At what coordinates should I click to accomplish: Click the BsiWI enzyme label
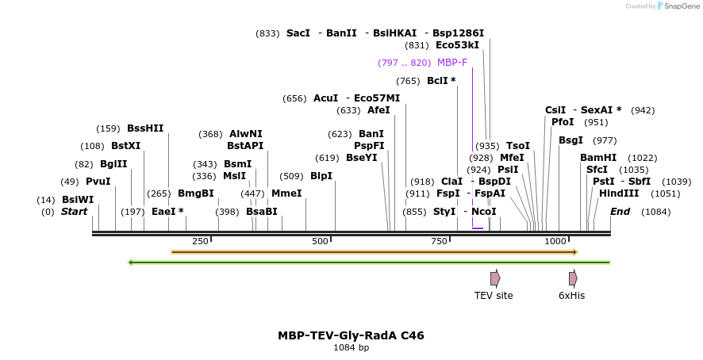coord(78,200)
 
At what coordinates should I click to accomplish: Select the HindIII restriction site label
coord(618,193)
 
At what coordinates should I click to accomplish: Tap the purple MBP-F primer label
coord(451,63)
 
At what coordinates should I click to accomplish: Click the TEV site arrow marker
coord(494,278)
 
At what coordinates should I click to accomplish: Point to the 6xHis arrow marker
coord(572,278)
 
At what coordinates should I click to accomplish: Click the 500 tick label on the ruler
coord(320,241)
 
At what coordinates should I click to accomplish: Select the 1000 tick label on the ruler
coord(555,241)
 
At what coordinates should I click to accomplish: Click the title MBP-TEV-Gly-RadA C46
coord(351,335)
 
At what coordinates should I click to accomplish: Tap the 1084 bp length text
coord(351,347)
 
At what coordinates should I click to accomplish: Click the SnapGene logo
coord(675,6)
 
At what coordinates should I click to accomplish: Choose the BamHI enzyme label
coord(597,158)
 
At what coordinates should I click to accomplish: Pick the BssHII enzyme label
coord(145,128)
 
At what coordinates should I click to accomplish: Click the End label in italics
coord(620,212)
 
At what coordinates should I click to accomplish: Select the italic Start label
coord(74,212)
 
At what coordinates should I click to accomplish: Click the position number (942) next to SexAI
coord(643,110)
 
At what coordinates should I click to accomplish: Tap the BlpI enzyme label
coord(321,176)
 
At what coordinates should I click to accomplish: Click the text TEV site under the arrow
coord(494,296)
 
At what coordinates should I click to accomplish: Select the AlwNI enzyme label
coord(245,134)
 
